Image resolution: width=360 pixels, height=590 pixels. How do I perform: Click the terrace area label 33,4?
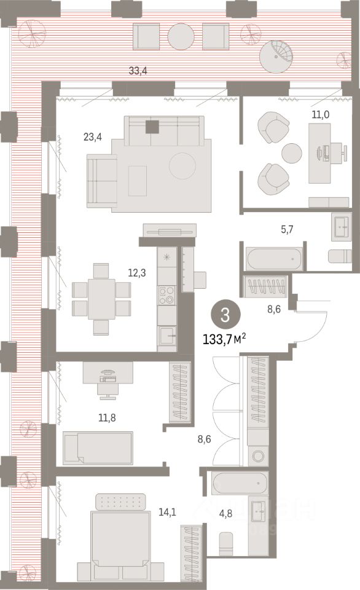coord(120,71)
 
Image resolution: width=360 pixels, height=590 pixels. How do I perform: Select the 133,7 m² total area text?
coord(228,337)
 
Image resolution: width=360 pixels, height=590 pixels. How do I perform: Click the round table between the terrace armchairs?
coord(181,36)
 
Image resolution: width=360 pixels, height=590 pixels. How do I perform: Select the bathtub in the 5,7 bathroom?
coord(274,259)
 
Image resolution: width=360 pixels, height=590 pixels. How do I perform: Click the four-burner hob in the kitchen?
coord(167,296)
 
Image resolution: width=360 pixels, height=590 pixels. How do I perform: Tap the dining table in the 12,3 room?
coord(101,299)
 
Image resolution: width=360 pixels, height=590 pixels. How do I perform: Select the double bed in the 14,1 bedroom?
coord(120,540)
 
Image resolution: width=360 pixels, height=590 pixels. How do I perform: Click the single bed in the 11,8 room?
coord(98,448)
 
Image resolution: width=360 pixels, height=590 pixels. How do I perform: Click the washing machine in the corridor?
coord(258,457)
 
